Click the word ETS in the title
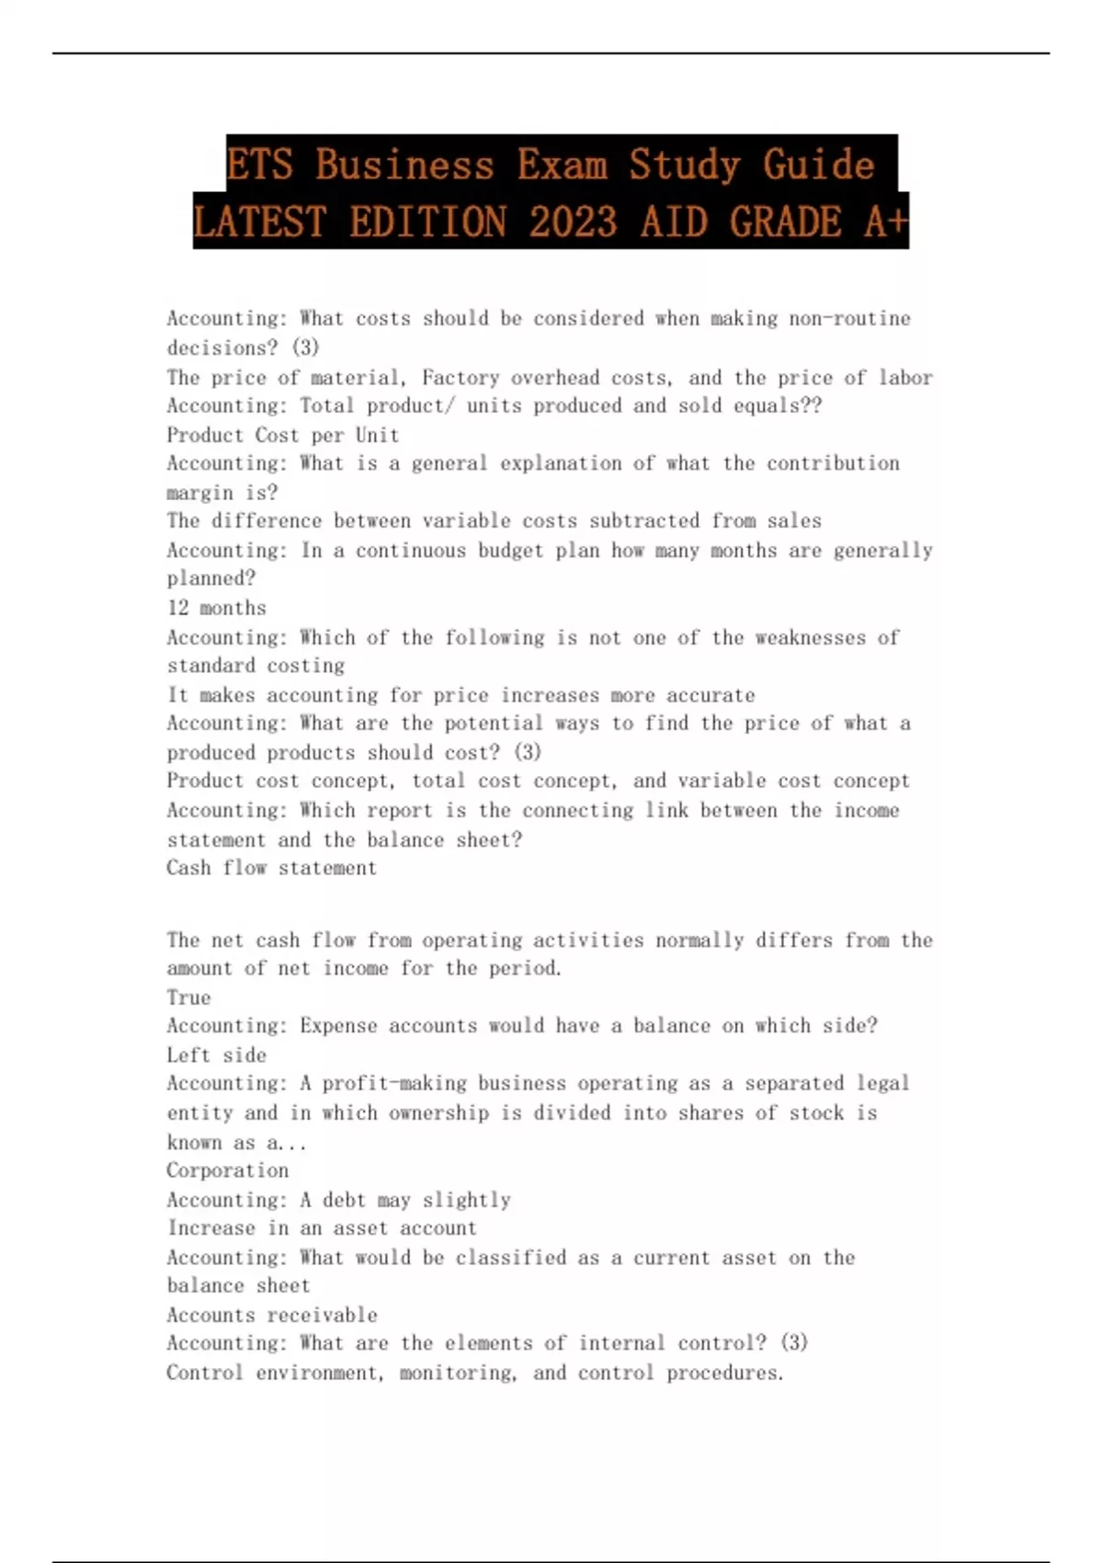coord(259,165)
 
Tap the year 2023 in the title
coord(573,222)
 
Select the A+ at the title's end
coord(885,222)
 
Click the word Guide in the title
coord(818,165)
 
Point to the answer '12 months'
coord(216,608)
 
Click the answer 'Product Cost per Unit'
coord(282,435)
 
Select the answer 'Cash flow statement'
coord(271,868)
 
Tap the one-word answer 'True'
coord(188,998)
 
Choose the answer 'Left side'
coord(216,1055)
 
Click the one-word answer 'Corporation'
coord(227,1170)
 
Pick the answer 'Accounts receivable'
coord(271,1315)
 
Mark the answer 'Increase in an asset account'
coord(322,1228)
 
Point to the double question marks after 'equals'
coord(812,405)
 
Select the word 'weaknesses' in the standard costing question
coord(810,637)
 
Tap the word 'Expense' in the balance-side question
coord(338,1025)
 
